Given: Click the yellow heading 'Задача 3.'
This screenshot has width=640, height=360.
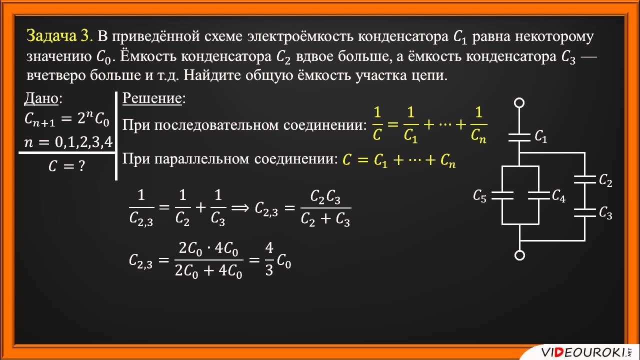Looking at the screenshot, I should (59, 36).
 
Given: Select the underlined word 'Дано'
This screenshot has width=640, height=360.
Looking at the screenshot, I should (41, 99).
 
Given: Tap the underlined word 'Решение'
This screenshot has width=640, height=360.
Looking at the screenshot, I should (152, 98).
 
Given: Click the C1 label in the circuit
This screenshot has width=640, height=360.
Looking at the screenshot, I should (541, 136).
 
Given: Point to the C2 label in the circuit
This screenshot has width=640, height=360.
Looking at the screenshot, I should (605, 181).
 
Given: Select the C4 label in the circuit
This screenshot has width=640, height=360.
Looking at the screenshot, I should (558, 196).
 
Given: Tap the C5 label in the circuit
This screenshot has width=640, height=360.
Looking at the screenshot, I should (479, 196).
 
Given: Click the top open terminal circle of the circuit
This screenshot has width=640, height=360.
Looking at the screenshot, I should (519, 103).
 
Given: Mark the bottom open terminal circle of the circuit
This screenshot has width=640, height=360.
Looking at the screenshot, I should (519, 255).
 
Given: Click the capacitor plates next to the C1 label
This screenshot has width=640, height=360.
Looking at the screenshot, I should (519, 137).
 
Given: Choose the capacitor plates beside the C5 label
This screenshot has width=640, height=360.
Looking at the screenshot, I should (502, 195).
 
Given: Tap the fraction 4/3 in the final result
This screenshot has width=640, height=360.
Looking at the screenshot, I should (269, 260).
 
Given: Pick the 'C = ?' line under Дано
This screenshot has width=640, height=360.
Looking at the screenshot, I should (66, 166).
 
